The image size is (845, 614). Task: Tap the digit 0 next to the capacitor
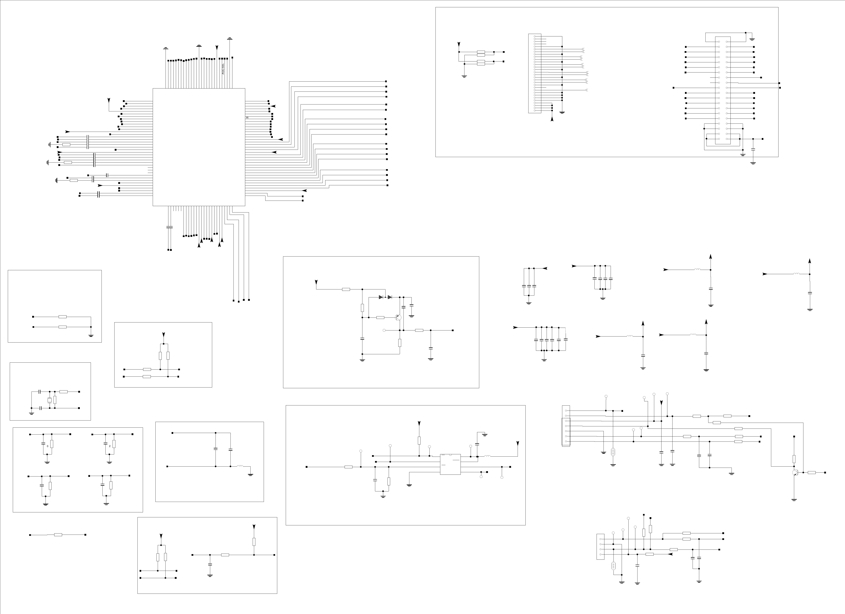47,446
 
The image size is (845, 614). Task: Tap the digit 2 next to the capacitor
110,446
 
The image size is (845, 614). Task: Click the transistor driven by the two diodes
398,318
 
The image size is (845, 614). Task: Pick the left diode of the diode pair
381,297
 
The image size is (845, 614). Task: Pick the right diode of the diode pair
390,297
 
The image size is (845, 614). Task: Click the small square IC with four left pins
450,464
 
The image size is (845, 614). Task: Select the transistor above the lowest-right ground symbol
795,473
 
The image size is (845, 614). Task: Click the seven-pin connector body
566,426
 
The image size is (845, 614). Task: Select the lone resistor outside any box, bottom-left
58,535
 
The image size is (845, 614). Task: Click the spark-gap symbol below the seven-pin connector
613,452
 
